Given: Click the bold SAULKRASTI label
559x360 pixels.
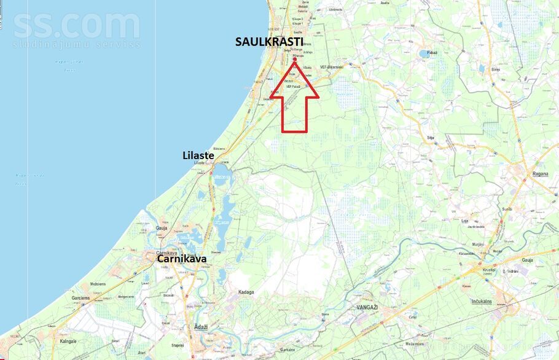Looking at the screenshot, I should [269, 42].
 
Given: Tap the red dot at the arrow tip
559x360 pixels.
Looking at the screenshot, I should [295, 59].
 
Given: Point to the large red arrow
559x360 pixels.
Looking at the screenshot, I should [294, 101].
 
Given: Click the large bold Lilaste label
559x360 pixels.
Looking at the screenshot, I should [198, 155].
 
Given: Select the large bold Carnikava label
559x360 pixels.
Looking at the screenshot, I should [181, 259].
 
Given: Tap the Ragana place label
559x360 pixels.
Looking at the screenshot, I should [523, 174].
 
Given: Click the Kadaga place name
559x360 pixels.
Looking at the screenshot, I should [246, 292].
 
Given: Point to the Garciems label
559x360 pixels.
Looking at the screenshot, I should [80, 298].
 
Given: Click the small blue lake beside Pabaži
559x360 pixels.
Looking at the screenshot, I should [426, 53].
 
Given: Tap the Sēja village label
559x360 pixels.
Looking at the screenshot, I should [430, 138].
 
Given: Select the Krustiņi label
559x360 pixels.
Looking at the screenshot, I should [488, 269].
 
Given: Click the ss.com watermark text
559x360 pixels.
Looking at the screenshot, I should [76, 28].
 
